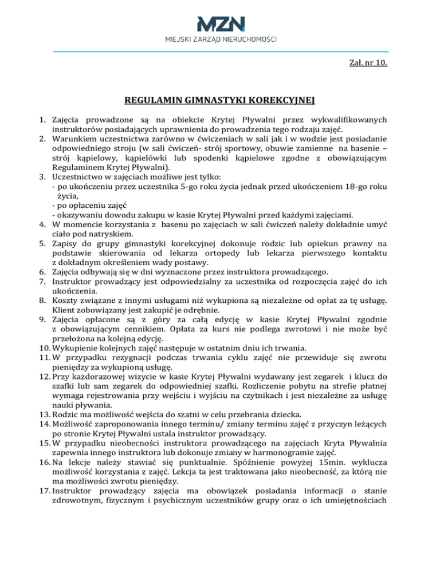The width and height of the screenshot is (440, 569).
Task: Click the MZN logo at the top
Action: [x=220, y=23]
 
